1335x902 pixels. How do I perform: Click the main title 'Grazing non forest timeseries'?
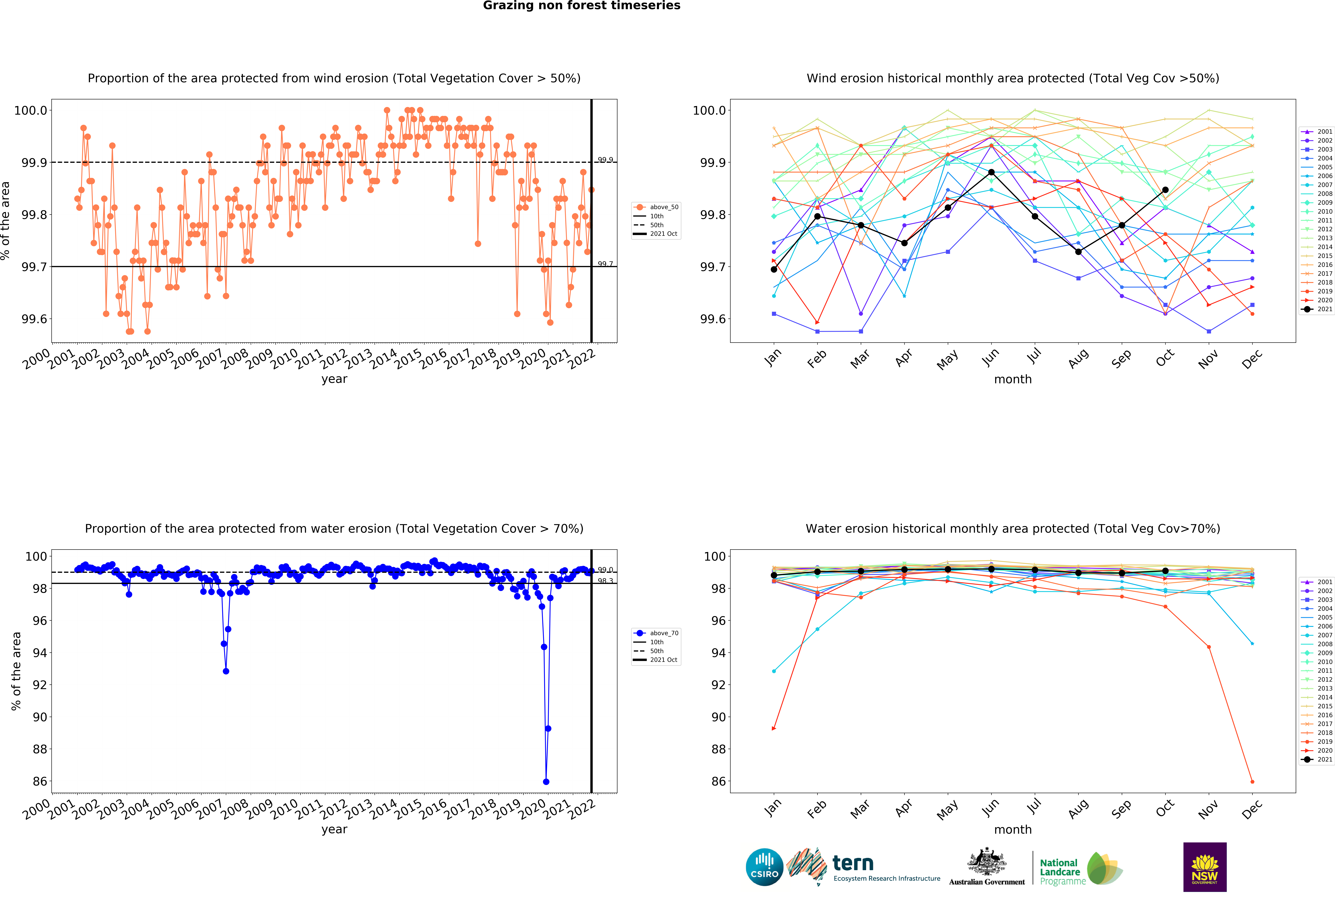pos(581,6)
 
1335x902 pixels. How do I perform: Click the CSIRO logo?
pos(764,867)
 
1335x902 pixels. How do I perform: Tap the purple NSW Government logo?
pos(1205,867)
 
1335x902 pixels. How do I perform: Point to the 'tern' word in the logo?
pos(853,863)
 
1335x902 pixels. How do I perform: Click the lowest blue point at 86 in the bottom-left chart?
pos(546,781)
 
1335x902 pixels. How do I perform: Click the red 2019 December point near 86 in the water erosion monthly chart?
pos(1252,781)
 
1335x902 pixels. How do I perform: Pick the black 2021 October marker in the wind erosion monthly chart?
pos(1165,190)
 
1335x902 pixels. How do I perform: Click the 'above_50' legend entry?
pos(663,207)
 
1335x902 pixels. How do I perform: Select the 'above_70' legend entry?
pos(663,633)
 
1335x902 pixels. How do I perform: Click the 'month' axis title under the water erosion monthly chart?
pos(1013,830)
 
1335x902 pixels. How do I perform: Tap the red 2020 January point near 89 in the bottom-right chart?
pos(774,729)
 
